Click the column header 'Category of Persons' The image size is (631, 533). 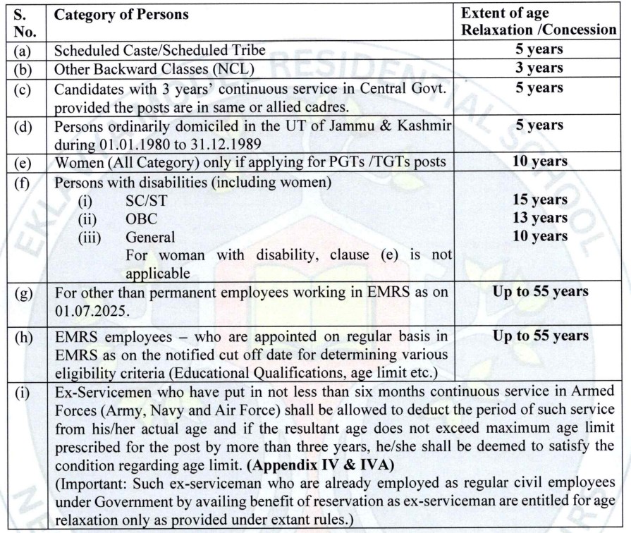[x=117, y=14]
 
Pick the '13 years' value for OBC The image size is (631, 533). [x=541, y=218]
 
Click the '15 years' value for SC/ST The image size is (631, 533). [x=541, y=200]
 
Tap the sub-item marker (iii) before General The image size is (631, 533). [x=90, y=236]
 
